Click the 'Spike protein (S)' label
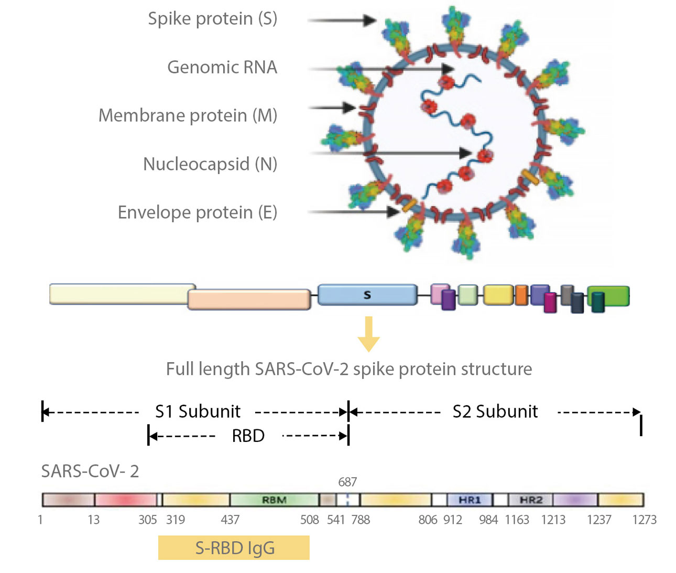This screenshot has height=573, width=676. (x=212, y=19)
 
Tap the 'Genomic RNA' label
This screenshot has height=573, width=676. (x=222, y=67)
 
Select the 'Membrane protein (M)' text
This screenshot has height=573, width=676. (x=188, y=115)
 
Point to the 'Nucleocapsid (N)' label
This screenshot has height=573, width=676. (x=210, y=164)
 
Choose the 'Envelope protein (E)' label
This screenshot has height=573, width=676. (x=197, y=212)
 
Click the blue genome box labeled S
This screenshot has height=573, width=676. (x=367, y=295)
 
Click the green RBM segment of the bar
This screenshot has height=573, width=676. (x=274, y=500)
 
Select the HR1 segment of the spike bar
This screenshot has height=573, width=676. (x=470, y=500)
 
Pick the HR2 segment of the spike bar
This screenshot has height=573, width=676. (x=530, y=500)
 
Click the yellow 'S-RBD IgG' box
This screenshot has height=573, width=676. (x=234, y=548)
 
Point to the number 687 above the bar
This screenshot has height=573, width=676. (x=347, y=482)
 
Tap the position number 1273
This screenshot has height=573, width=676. (x=644, y=520)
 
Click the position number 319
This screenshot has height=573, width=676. (x=176, y=520)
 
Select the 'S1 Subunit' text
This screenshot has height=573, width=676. (x=198, y=412)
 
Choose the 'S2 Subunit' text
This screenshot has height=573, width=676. (x=495, y=412)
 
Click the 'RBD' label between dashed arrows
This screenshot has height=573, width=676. (x=248, y=436)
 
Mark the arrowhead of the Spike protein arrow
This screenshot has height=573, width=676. (x=370, y=20)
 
